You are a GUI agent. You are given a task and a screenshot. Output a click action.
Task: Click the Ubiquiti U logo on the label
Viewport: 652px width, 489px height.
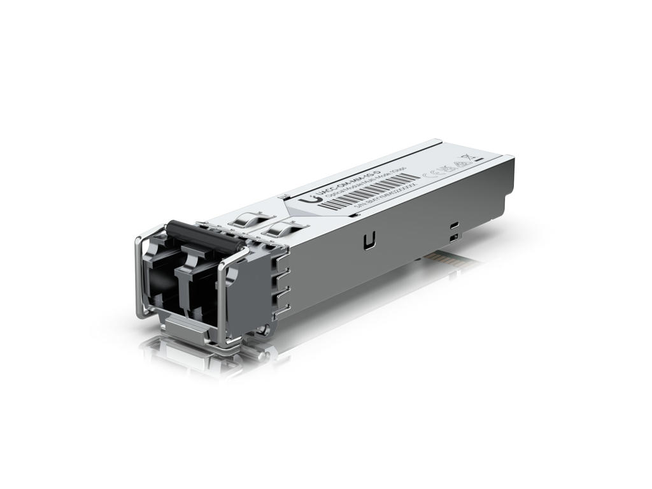(311, 198)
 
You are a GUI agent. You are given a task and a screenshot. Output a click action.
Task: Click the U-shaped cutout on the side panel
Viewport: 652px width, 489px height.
(367, 241)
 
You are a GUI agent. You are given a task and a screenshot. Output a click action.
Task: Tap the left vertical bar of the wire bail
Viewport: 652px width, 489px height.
(138, 280)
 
